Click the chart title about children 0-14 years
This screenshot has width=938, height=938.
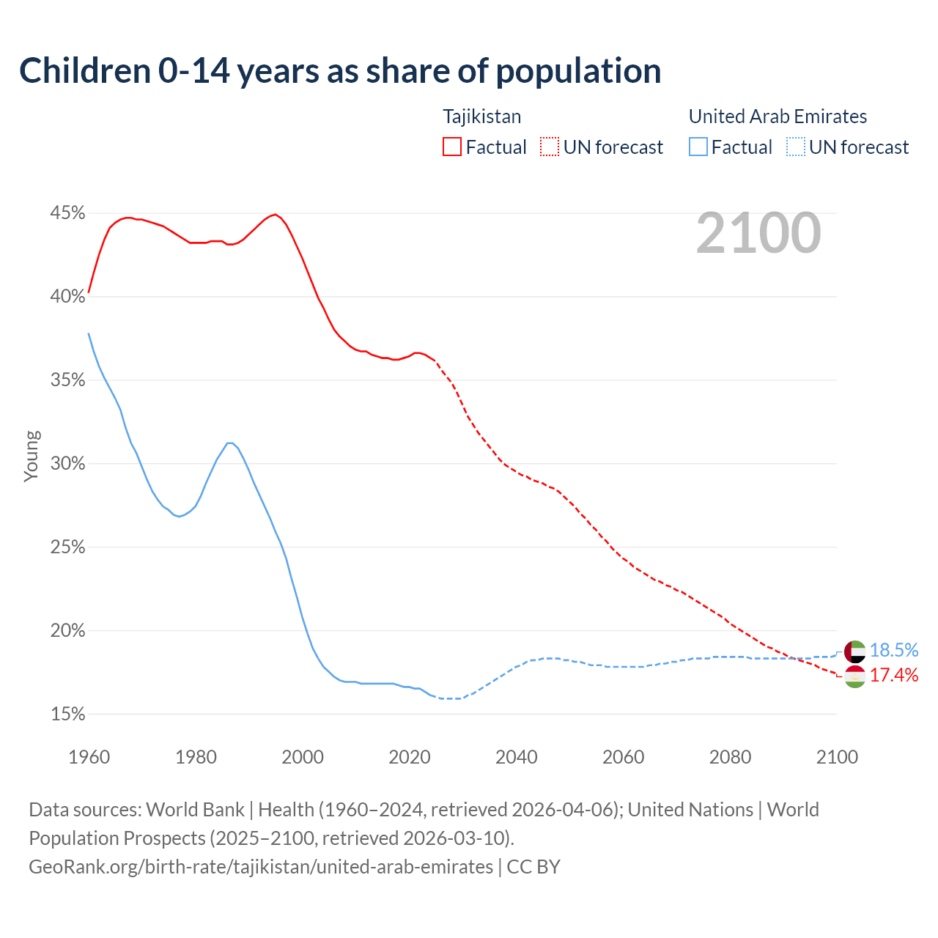[340, 71]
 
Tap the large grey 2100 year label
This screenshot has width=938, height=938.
[758, 233]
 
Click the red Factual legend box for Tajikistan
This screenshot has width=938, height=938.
[452, 147]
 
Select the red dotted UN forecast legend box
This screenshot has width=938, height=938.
[550, 147]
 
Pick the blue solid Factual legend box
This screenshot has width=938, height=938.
[698, 147]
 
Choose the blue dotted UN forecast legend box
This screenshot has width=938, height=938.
[796, 147]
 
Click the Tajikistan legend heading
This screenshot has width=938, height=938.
[481, 117]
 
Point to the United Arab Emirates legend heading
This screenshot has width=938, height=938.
[778, 117]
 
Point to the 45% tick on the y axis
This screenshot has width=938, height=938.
[67, 213]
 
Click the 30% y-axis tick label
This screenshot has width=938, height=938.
[67, 464]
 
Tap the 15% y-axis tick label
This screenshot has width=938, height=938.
[67, 714]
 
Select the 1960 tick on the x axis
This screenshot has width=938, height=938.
[89, 757]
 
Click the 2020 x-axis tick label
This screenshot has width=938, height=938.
[410, 757]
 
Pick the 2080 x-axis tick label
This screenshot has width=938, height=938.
[730, 757]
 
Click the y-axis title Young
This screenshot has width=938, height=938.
[32, 456]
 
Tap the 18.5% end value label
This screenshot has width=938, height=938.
[894, 651]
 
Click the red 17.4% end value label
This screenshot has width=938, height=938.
[894, 676]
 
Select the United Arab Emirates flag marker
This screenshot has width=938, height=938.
[855, 651]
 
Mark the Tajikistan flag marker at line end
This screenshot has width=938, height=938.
[855, 676]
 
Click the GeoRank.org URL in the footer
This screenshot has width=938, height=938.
[261, 867]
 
